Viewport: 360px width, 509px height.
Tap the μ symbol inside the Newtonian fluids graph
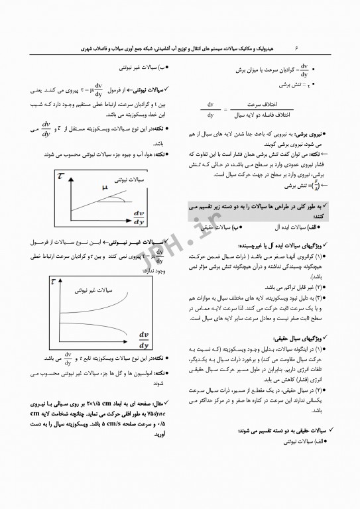click(105, 188)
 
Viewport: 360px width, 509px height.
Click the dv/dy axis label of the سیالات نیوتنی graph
click(140, 217)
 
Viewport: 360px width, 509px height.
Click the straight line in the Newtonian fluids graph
click(99, 197)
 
